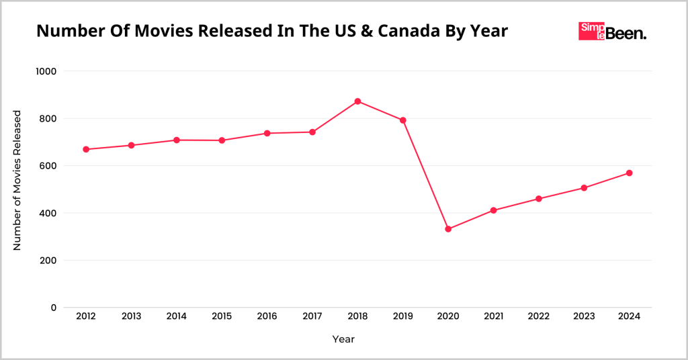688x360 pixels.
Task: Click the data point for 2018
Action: coord(357,101)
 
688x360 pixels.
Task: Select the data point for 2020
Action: coord(448,229)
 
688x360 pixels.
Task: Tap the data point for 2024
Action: coord(630,173)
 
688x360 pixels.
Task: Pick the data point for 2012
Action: coord(86,149)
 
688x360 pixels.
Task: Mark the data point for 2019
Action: coord(403,120)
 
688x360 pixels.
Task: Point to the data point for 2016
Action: coord(267,133)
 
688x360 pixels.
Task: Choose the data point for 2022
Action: coord(539,199)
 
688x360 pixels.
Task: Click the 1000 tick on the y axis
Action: coord(45,71)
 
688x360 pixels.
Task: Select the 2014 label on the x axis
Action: coord(176,316)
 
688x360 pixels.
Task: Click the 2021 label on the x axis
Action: coord(493,316)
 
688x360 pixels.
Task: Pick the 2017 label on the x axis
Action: coord(312,316)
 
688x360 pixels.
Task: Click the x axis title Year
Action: coord(343,339)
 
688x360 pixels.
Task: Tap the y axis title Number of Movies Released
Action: coord(17,180)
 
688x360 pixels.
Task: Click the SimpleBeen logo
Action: coord(612,32)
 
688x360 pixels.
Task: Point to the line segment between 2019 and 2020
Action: coord(426,175)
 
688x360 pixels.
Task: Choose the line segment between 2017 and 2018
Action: coord(335,117)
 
